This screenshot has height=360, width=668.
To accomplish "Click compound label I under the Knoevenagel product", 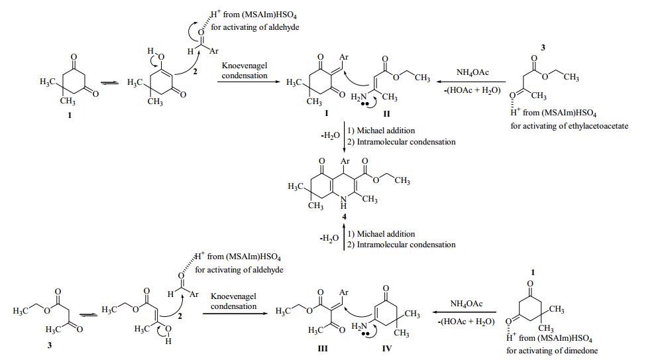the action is click(x=326, y=113).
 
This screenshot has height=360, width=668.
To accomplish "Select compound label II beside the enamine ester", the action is click(x=386, y=114).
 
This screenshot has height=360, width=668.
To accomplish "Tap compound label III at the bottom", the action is click(x=323, y=348).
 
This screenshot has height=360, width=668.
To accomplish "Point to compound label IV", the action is click(x=386, y=348).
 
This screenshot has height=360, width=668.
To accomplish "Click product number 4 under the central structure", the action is click(x=344, y=217).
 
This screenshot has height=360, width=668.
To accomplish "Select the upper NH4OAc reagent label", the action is click(x=473, y=72).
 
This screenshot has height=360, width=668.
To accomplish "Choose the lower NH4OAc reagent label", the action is click(x=467, y=304).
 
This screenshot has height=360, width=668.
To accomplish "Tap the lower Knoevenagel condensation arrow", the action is click(x=235, y=314).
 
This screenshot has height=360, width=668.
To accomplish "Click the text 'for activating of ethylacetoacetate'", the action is click(x=569, y=126).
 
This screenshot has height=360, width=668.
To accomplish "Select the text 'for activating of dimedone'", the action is click(x=551, y=351).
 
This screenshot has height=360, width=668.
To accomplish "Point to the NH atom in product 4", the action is click(x=343, y=202).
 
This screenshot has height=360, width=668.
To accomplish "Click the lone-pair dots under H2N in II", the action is click(x=364, y=104).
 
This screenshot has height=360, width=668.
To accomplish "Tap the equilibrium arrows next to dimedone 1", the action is click(x=109, y=83).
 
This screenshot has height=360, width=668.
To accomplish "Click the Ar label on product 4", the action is click(x=345, y=161).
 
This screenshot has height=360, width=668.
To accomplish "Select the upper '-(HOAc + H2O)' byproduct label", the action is click(x=473, y=91).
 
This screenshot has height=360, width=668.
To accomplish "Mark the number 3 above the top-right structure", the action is click(x=543, y=48).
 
